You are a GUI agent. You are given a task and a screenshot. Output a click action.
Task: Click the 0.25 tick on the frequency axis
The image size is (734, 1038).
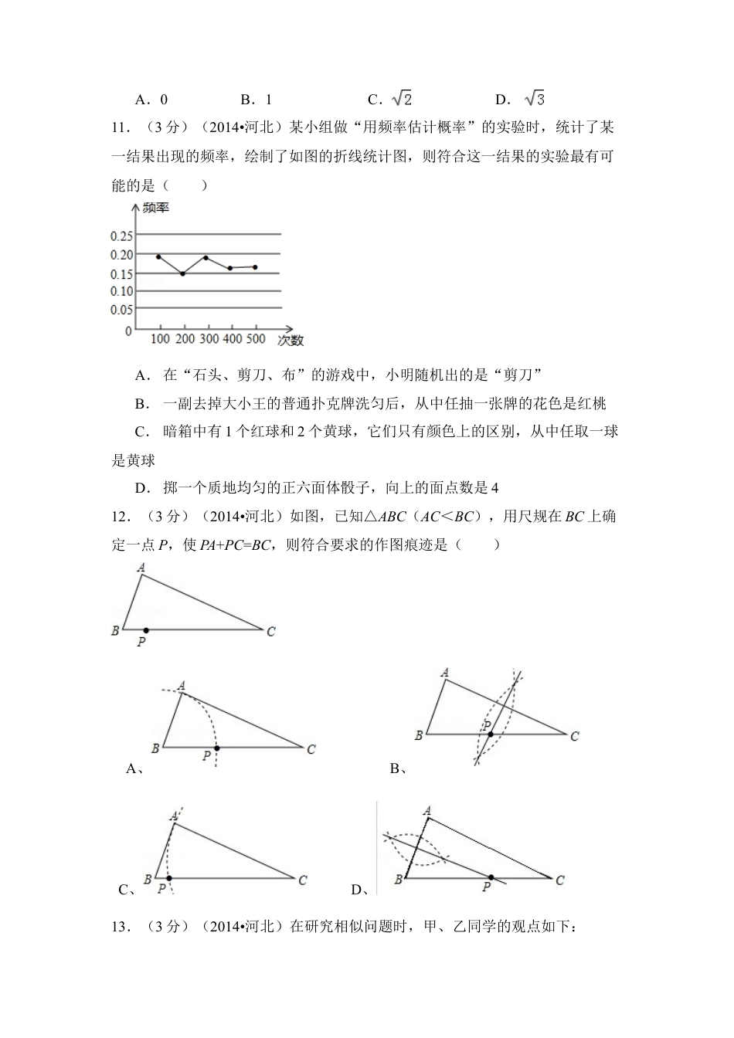point(123,236)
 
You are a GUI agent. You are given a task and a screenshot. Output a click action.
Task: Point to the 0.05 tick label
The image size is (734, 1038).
point(123,310)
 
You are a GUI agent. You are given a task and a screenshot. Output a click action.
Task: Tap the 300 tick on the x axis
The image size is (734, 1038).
point(209,339)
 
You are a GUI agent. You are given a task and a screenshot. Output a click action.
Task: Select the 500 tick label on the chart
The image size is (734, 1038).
point(256,339)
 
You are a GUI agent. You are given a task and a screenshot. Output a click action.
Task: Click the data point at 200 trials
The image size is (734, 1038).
point(182,273)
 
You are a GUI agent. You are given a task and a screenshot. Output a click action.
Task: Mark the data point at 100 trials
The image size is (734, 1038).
point(158,256)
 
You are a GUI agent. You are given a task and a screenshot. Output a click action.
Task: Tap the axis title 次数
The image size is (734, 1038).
point(291,340)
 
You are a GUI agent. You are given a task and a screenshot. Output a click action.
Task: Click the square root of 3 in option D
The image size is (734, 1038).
point(535,99)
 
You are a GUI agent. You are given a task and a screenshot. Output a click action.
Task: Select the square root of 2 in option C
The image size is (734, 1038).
point(402,99)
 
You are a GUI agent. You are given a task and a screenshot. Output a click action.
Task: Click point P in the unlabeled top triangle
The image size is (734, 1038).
point(145,630)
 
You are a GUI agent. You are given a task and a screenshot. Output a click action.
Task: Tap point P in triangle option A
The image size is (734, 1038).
point(216,748)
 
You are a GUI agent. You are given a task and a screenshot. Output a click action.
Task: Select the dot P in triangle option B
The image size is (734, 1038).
point(490,734)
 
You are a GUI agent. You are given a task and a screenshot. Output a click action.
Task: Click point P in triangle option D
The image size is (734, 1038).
point(490,877)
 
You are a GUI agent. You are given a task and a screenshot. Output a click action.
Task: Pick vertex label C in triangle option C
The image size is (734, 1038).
point(303,879)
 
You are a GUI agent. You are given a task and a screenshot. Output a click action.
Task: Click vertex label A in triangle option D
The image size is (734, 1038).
point(426,810)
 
